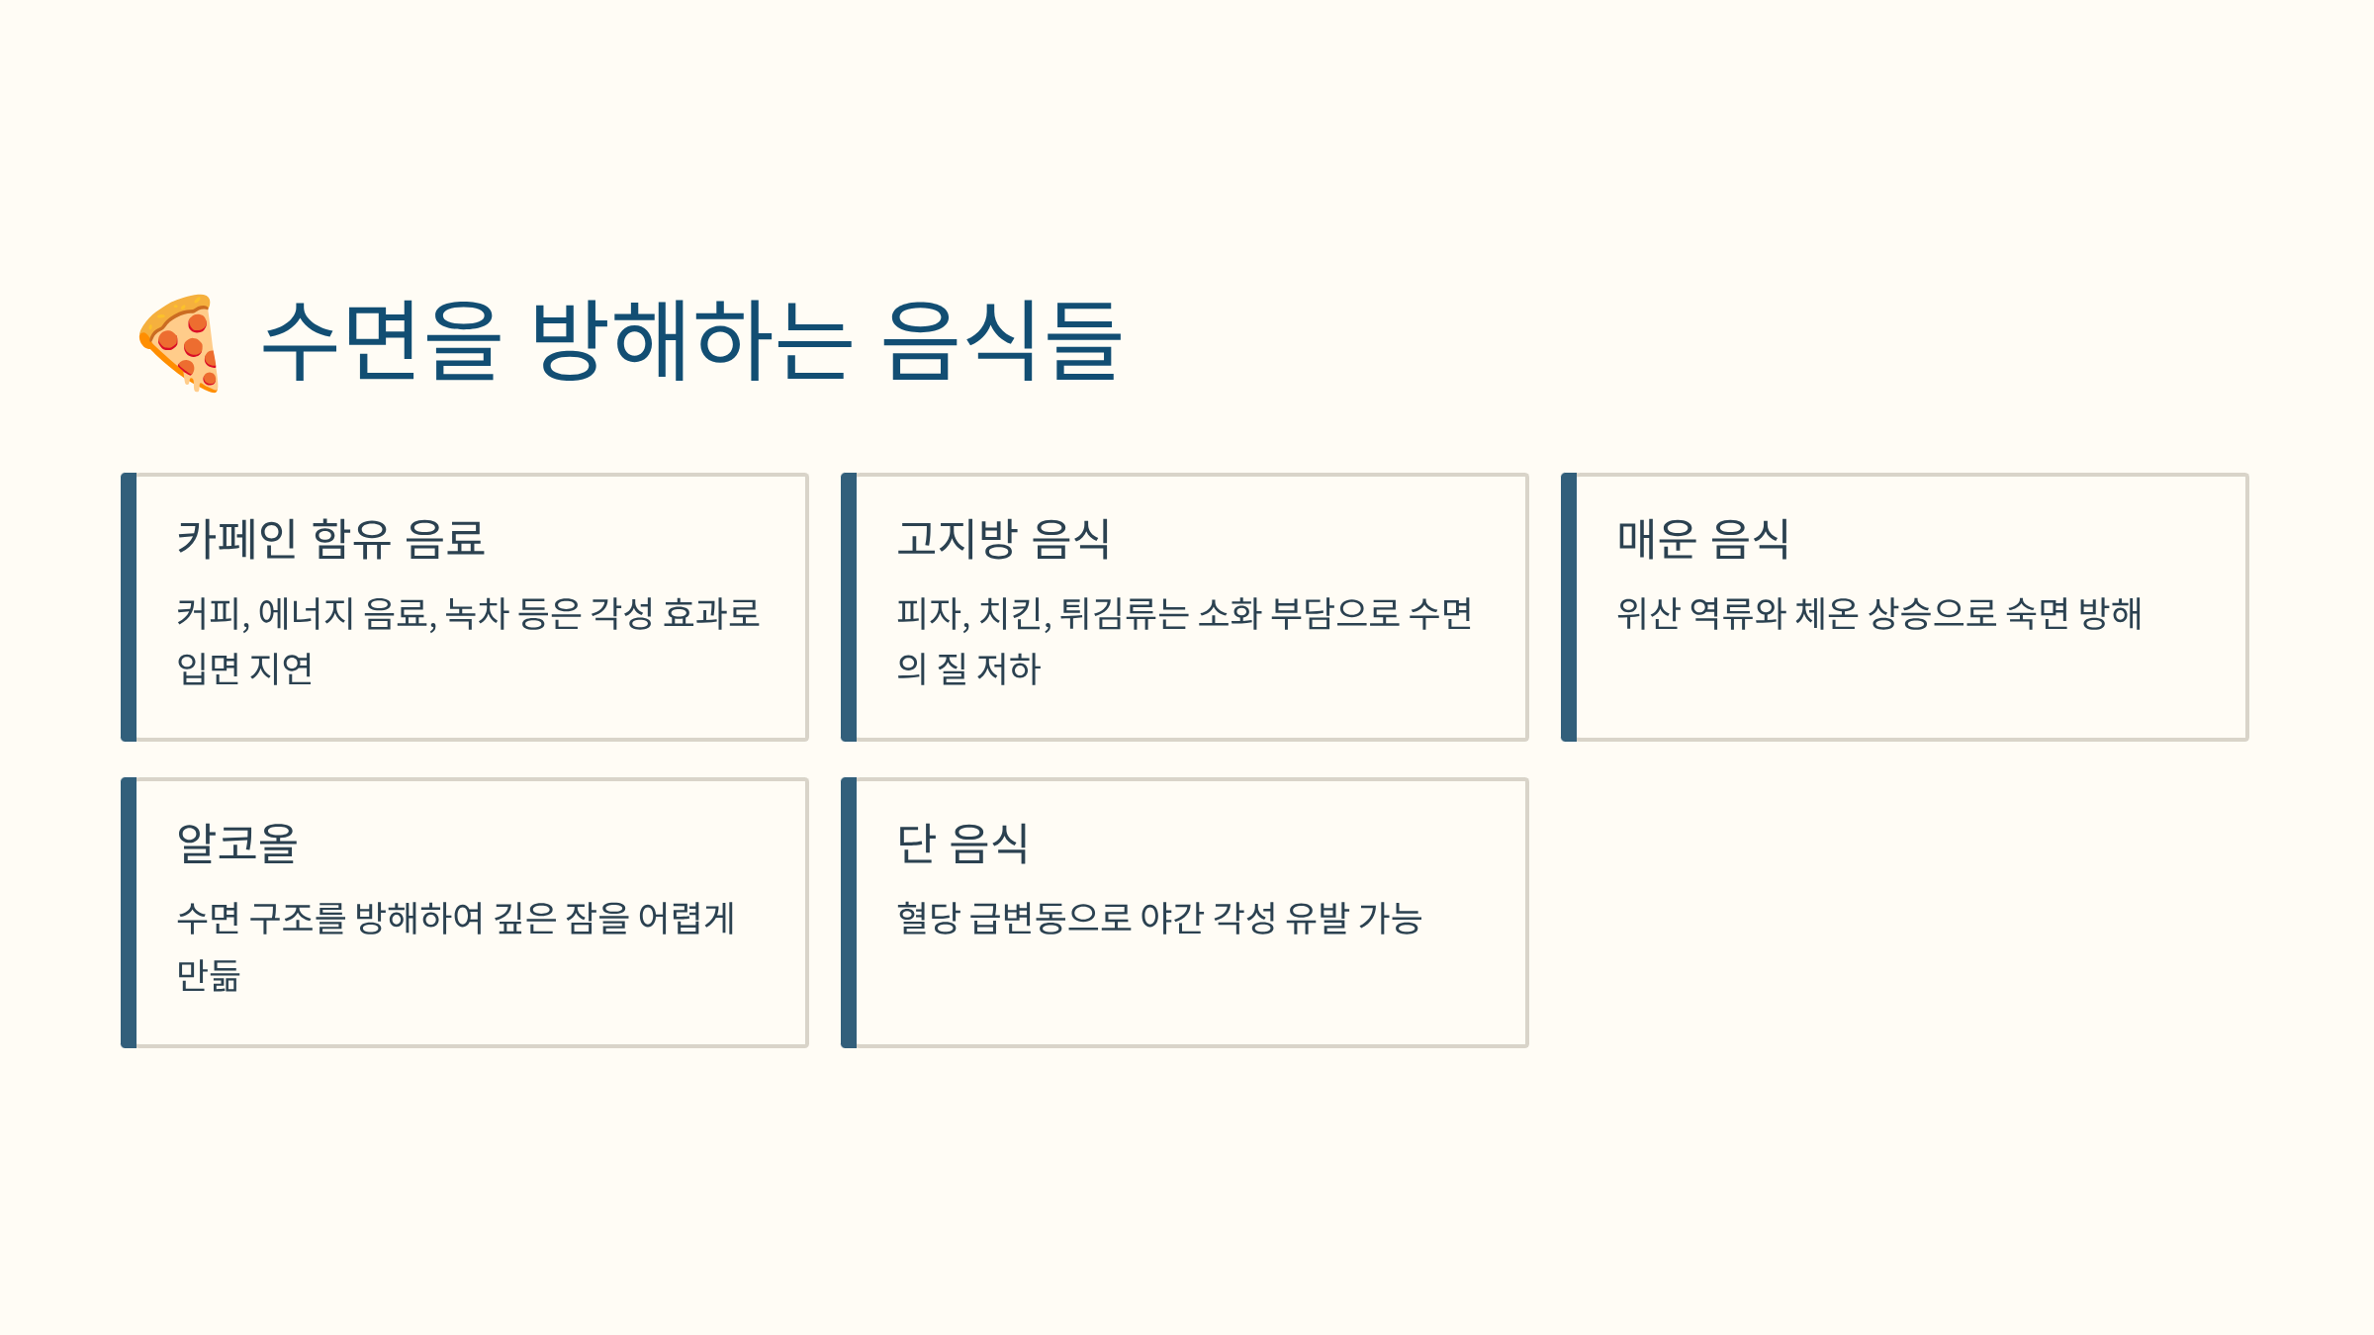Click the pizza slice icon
[179, 342]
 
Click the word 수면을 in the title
[381, 341]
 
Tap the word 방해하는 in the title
[689, 341]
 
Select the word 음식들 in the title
[1001, 341]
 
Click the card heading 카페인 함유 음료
[330, 539]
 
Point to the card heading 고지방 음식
[1003, 539]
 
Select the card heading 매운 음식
[1702, 539]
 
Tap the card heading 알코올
[237, 844]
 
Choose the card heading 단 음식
[962, 844]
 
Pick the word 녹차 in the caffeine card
[477, 614]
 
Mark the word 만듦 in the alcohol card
[209, 975]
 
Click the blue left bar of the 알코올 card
[129, 912]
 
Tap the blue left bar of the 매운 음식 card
[1569, 607]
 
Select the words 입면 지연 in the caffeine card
[244, 669]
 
